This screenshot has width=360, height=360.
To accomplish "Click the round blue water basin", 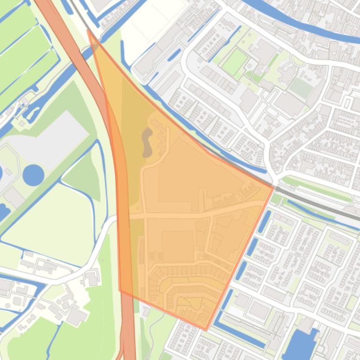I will (33, 175).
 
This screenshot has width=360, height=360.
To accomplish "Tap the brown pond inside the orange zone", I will (147, 142).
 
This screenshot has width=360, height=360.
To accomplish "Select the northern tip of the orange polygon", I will (88, 30).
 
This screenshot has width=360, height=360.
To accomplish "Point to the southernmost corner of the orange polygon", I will (206, 330).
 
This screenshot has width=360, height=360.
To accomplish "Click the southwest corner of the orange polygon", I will (120, 290).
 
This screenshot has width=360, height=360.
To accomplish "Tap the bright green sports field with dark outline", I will (235, 62).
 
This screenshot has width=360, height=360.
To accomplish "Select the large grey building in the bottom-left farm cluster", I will (76, 317).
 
